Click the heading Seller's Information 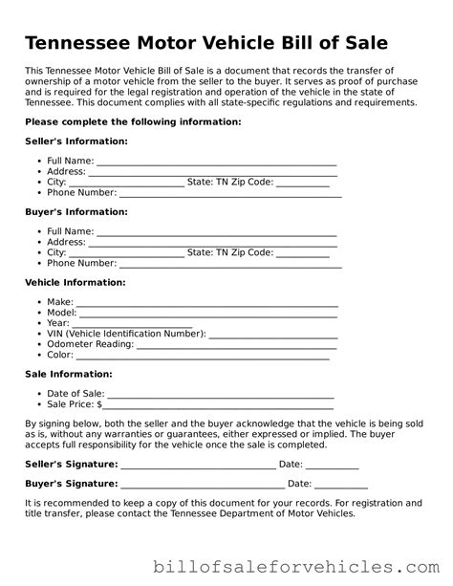pyautogui.click(x=76, y=141)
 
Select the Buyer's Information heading pyautogui.click(x=75, y=211)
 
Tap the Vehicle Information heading pyautogui.click(x=75, y=282)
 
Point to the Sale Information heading pyautogui.click(x=69, y=374)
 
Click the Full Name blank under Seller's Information pyautogui.click(x=216, y=163)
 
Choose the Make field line pyautogui.click(x=207, y=304)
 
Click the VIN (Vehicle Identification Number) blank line pyautogui.click(x=272, y=336)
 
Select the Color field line pyautogui.click(x=204, y=357)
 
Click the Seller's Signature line pyautogui.click(x=198, y=466)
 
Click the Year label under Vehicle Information pyautogui.click(x=57, y=323)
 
